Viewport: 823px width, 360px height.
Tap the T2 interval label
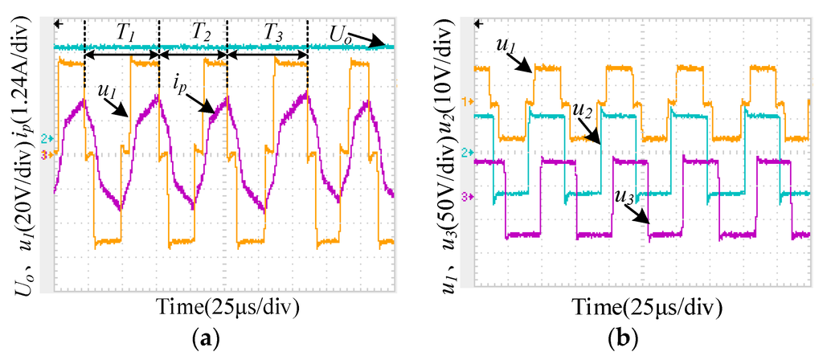click(201, 33)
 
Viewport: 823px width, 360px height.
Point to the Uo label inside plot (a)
click(339, 33)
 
